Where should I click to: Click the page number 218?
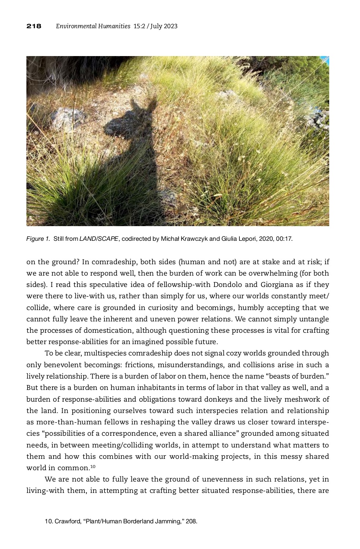(34, 26)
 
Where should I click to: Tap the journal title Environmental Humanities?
(93, 26)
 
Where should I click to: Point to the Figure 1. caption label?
(38, 239)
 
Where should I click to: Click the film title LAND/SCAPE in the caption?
(99, 239)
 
